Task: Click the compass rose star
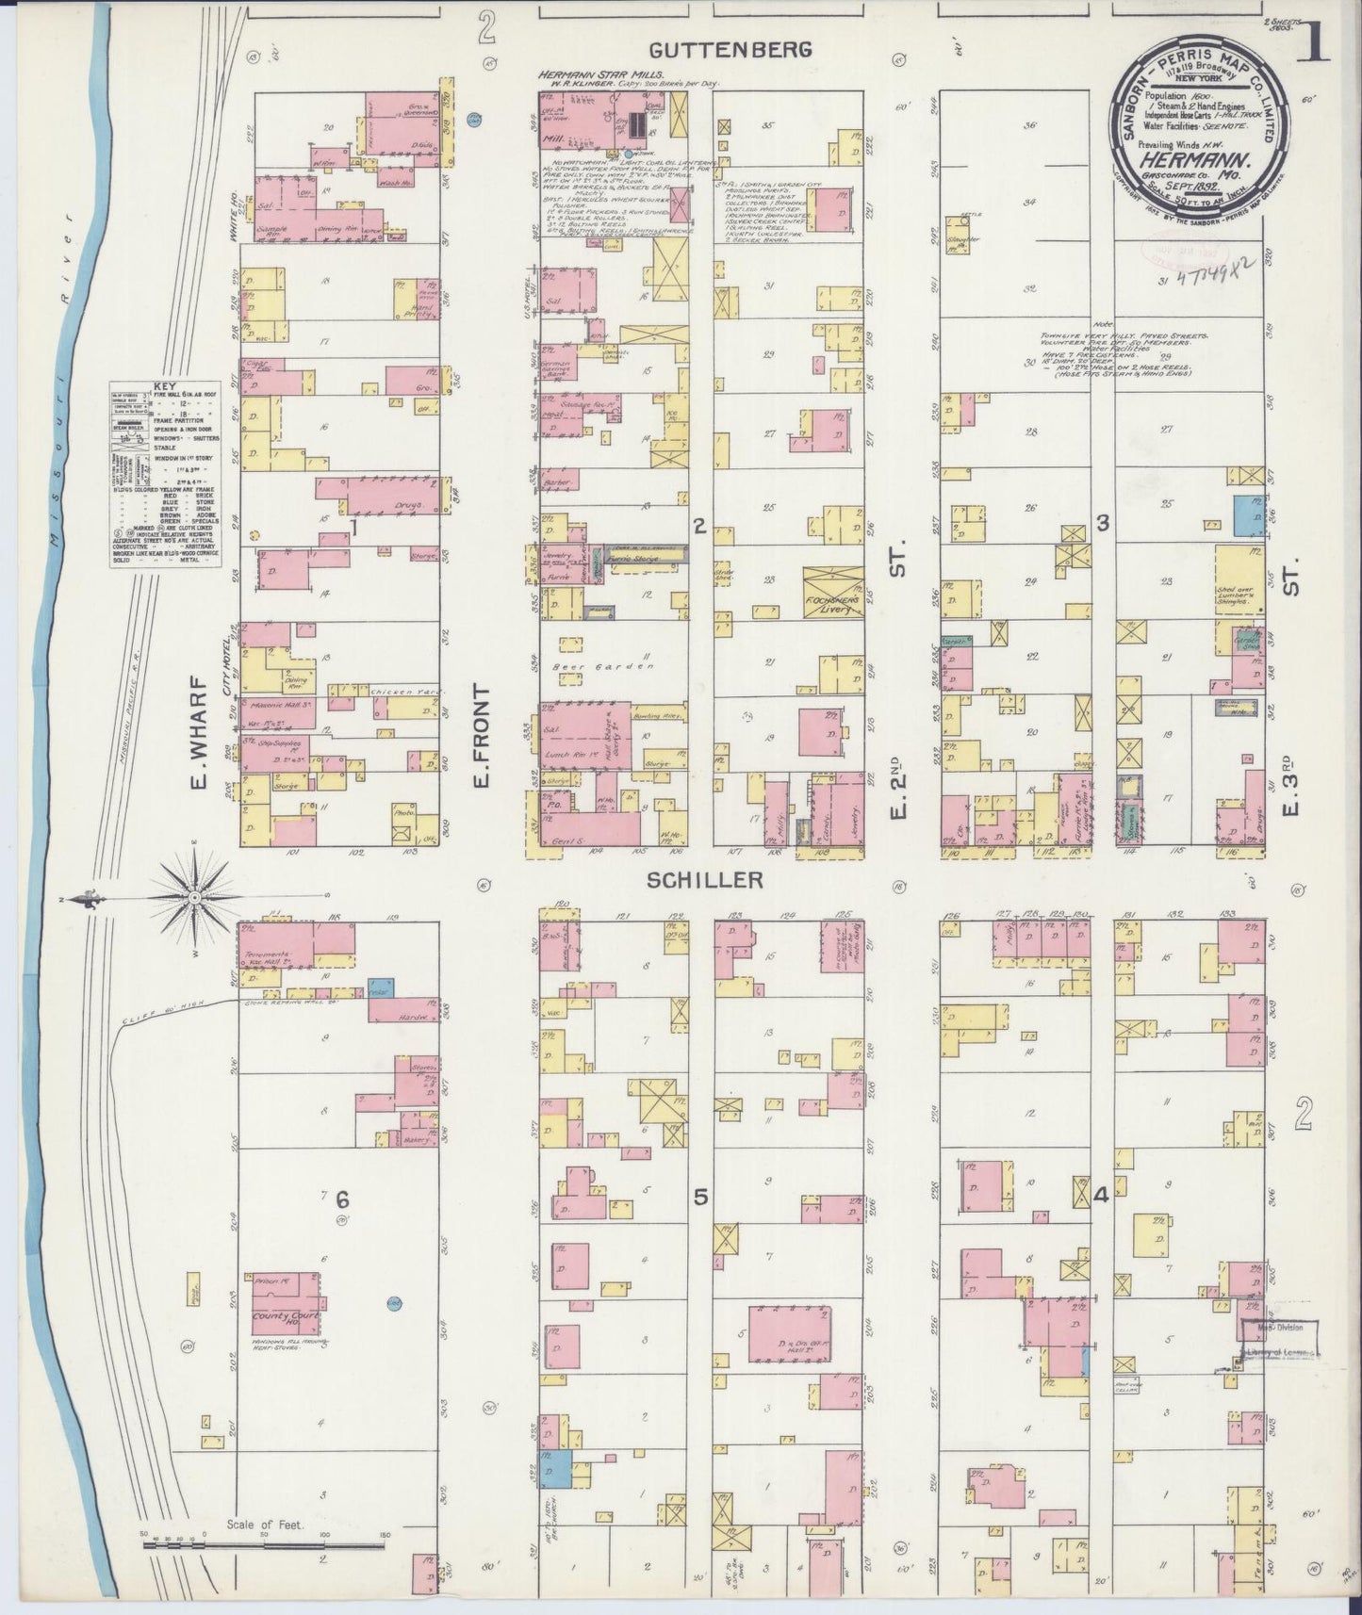pos(194,899)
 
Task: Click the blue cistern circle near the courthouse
pos(394,1303)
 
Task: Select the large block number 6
pos(341,1199)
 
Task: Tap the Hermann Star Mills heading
pos(600,74)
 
